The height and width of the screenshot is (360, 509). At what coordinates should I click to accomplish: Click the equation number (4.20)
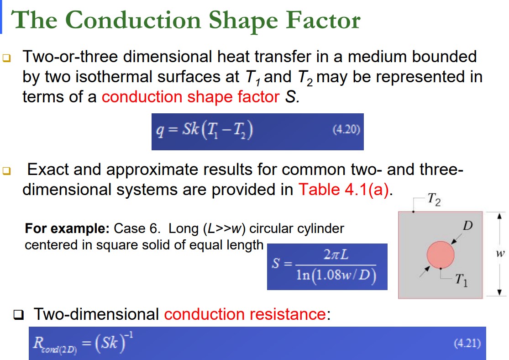[346, 130]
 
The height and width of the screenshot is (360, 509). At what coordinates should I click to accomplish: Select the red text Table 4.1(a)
[345, 189]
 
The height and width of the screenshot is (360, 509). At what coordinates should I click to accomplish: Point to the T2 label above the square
[434, 200]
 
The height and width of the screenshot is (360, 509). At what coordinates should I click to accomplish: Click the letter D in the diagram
[467, 226]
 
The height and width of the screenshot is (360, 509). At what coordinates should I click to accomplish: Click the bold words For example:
[68, 228]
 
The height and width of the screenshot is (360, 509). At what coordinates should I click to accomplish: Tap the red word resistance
[288, 314]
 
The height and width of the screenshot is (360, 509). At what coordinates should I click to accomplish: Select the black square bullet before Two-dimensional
[19, 315]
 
